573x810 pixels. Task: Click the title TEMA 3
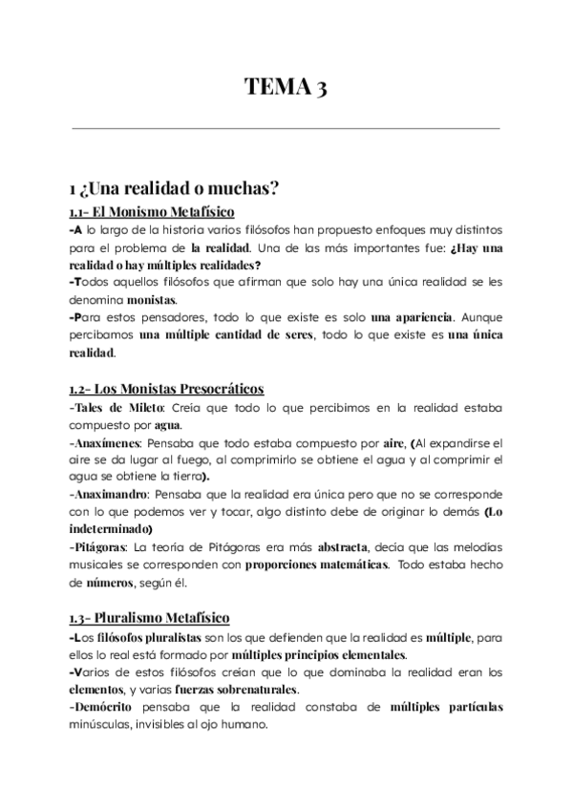286,89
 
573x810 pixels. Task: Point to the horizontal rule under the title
286,128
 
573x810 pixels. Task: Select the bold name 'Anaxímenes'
104,444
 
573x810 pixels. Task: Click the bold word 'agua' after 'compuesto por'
165,426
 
